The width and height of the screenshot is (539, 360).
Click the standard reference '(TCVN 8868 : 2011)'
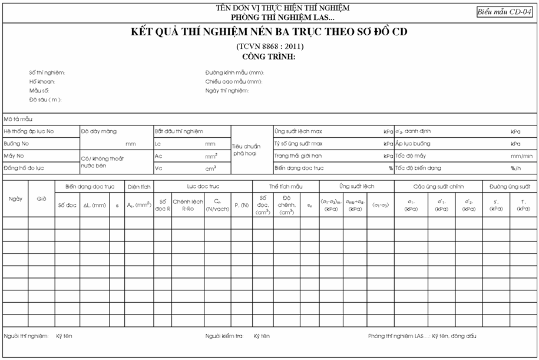pos(270,46)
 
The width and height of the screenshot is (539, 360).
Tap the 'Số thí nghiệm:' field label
pos(47,72)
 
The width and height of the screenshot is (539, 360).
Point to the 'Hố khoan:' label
pos(42,82)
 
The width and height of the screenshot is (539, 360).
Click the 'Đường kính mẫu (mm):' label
pos(234,72)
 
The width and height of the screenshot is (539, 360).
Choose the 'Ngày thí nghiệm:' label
pos(227,91)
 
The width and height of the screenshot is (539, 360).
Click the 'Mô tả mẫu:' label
pos(18,119)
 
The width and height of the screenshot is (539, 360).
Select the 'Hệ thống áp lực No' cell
pos(29,131)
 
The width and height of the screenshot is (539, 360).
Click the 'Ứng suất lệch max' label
pos(298,131)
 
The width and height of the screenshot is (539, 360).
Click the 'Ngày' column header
pos(15,199)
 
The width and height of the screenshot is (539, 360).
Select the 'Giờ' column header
pos(42,199)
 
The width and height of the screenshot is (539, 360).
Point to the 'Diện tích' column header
pos(139,186)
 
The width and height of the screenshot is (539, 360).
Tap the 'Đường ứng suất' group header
pos(510,186)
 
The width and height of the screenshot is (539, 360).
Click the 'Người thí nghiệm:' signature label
pos(25,336)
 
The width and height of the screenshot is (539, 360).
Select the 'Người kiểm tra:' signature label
pos(225,336)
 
